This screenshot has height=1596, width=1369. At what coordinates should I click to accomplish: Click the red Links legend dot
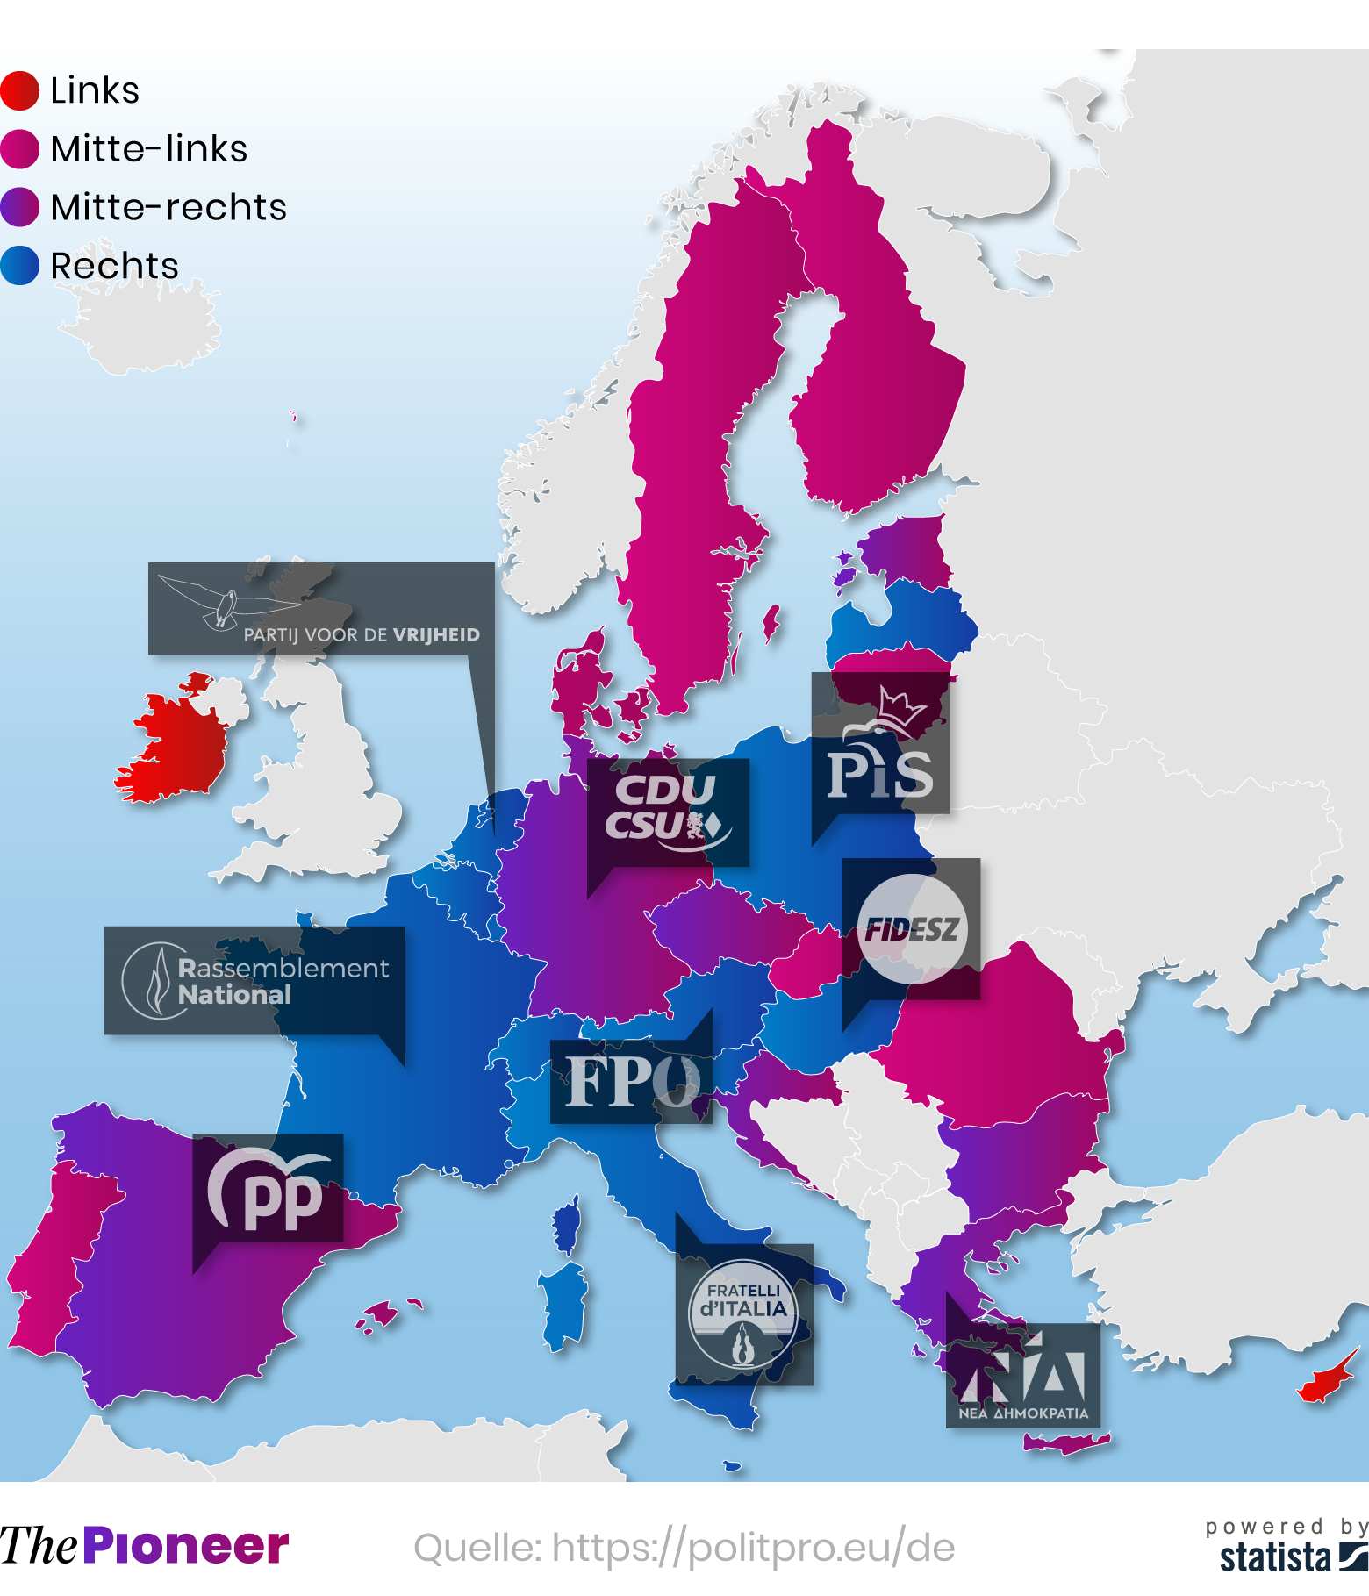coord(19,91)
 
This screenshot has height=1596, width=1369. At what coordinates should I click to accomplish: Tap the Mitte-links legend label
coord(148,149)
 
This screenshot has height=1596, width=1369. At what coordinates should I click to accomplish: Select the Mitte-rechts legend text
coord(168,208)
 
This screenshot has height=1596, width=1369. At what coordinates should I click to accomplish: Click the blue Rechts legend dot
coord(19,266)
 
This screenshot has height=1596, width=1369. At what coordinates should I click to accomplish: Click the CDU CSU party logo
coord(664,807)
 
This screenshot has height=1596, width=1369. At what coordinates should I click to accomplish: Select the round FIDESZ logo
coord(912,928)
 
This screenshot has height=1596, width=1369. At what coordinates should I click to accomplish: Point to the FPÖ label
coord(631,1081)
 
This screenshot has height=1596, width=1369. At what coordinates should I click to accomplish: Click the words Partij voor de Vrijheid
coord(362,634)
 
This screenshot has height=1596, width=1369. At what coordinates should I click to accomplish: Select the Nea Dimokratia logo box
coord(1022,1375)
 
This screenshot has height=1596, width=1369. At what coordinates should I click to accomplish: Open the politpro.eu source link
coord(684,1547)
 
